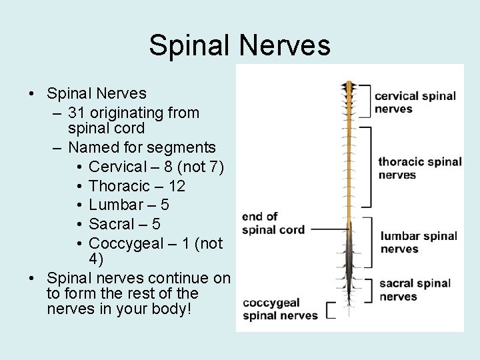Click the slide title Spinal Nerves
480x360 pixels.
pyautogui.click(x=239, y=45)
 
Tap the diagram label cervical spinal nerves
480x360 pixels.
pyautogui.click(x=415, y=102)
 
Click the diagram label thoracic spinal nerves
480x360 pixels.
pyautogui.click(x=419, y=168)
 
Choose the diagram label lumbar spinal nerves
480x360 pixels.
pyautogui.click(x=418, y=242)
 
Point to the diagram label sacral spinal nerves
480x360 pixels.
pyautogui.click(x=415, y=290)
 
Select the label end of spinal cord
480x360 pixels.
pyautogui.click(x=273, y=223)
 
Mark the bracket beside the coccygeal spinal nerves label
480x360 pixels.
pyautogui.click(x=329, y=311)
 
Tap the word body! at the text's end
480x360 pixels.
pyautogui.click(x=171, y=310)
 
